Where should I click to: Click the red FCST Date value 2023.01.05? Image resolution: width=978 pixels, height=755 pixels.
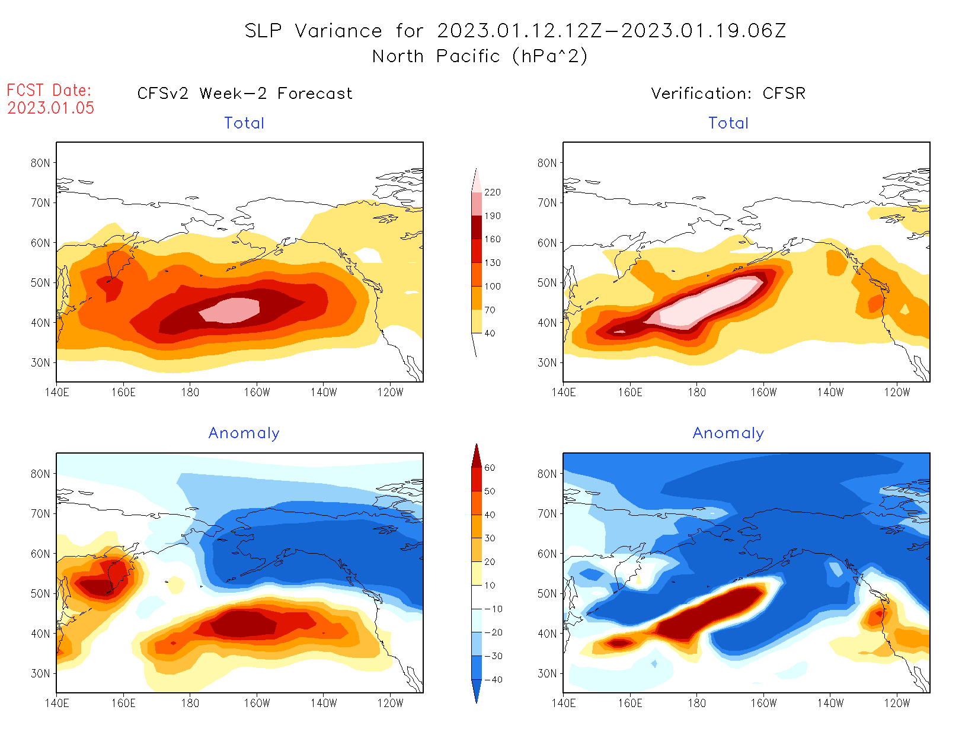coord(51,108)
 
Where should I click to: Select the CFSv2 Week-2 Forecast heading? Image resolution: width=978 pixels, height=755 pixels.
coord(245,94)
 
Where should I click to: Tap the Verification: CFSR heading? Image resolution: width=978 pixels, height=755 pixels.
coord(728,94)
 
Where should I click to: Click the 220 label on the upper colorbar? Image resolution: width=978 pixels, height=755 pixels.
coord(492,192)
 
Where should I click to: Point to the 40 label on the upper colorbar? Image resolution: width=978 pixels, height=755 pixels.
coord(490,333)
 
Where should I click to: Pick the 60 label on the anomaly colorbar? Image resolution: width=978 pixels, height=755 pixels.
coord(490,468)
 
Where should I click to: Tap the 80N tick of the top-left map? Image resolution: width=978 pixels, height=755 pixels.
coord(40,163)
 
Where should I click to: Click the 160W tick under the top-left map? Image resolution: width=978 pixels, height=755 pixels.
coord(257,393)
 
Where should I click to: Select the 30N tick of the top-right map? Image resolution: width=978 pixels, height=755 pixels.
coord(547,362)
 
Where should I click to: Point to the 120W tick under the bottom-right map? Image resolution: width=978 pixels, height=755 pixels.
coord(897,703)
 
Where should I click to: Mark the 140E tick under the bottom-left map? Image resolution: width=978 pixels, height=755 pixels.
coord(57,703)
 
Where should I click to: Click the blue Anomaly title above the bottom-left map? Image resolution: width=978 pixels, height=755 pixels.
coord(244,433)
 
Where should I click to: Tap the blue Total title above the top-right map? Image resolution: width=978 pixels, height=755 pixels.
coord(728,123)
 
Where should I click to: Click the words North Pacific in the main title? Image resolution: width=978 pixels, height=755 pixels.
coord(436,56)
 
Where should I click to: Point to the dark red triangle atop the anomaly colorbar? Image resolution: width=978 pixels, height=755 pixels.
coord(477,456)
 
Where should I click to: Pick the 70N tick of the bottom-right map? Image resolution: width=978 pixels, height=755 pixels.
coord(547,513)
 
